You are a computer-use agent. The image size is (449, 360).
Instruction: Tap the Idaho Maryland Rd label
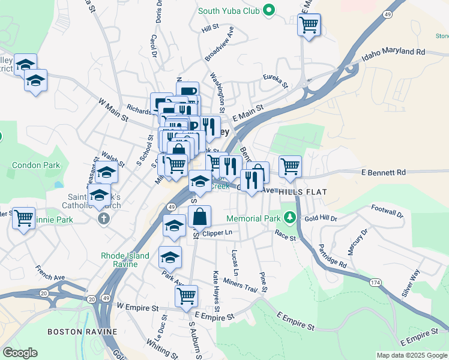[393, 55]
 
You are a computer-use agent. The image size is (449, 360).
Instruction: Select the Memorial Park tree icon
[291, 217]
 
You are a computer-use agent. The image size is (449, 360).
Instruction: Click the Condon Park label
[36, 165]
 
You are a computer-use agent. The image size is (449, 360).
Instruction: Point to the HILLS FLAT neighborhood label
[302, 191]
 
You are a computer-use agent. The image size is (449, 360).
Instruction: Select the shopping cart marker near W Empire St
[186, 296]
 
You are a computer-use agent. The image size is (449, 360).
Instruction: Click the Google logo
[20, 353]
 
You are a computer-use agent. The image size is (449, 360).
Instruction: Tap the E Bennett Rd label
[384, 172]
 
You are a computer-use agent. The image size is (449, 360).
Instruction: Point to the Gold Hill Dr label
[321, 219]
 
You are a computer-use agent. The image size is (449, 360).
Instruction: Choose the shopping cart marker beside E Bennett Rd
[290, 166]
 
